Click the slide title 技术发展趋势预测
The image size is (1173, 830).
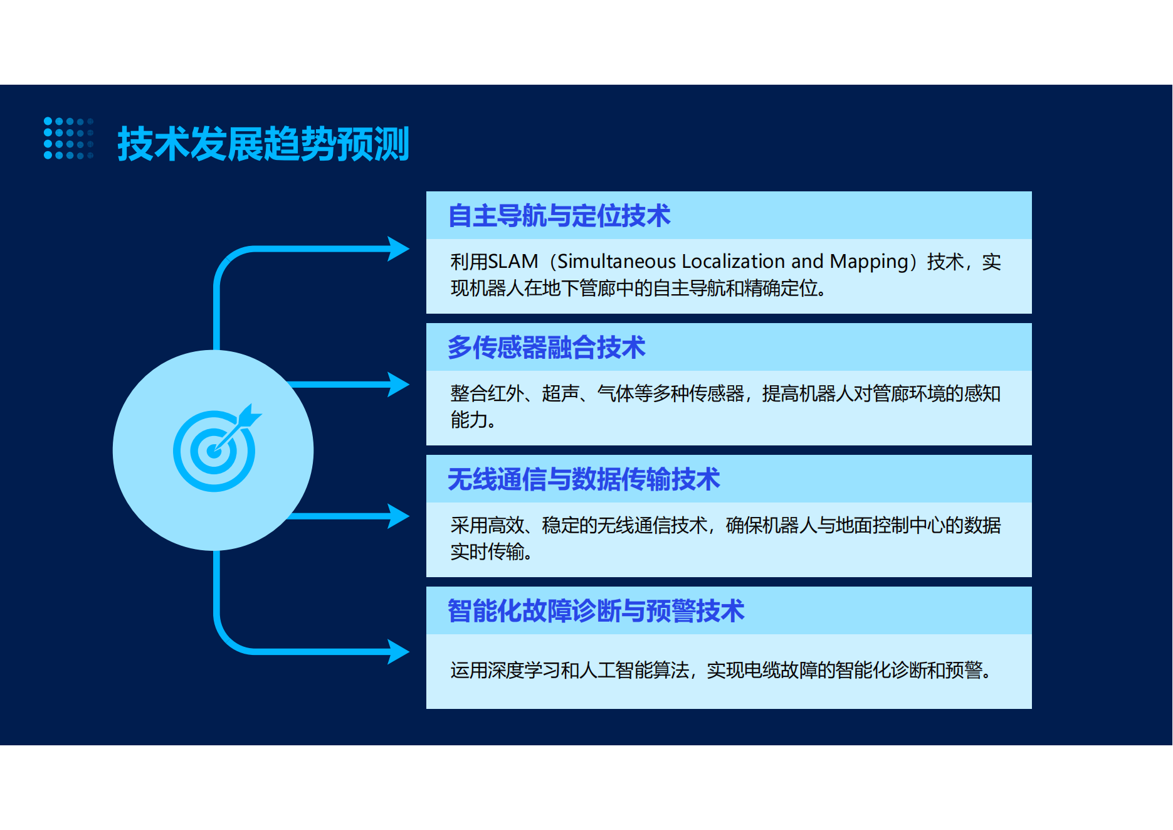pos(263,144)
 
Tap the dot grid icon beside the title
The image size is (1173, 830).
pos(68,138)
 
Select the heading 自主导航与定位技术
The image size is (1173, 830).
pos(559,216)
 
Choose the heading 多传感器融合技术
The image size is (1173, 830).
pos(547,348)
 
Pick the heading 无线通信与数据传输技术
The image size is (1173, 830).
pos(584,479)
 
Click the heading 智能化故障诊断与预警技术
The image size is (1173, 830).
pos(596,611)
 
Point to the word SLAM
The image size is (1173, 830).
pos(513,261)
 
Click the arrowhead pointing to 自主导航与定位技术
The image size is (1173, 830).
pos(398,248)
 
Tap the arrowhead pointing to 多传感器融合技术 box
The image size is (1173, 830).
pos(398,385)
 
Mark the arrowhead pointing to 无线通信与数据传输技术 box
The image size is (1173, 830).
pos(398,516)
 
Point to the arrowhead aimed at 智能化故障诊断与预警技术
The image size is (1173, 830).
pos(398,652)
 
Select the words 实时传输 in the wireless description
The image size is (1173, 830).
pos(487,551)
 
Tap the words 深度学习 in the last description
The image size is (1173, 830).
pos(523,670)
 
